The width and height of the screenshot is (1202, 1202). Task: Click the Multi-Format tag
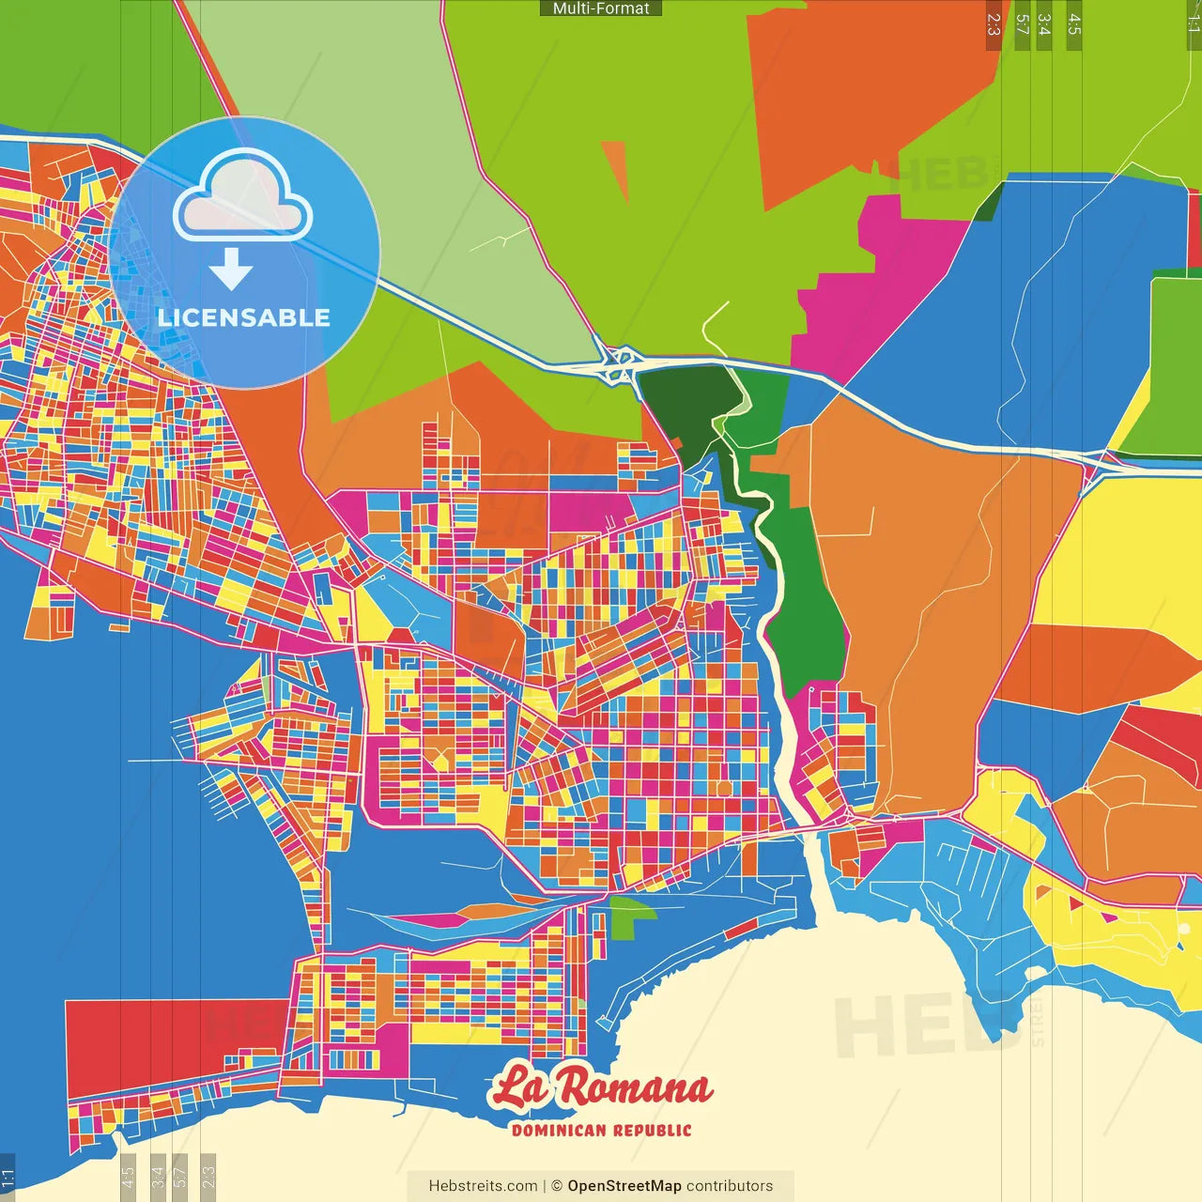pos(601,8)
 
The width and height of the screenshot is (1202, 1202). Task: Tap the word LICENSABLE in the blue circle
pos(244,317)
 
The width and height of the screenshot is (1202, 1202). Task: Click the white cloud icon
pos(242,195)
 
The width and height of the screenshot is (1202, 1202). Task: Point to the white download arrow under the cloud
pos(231,270)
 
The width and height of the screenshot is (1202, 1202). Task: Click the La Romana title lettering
pos(601,1087)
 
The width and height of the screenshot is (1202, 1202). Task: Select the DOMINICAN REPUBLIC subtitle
pos(601,1130)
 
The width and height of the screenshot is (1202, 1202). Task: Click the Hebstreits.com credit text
pos(483,1186)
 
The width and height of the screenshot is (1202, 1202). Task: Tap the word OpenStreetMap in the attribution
pos(624,1186)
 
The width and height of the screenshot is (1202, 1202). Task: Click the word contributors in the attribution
pos(730,1186)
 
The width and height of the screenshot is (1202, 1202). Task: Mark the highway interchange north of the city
pos(618,363)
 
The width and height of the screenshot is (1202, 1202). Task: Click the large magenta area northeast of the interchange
pos(873,282)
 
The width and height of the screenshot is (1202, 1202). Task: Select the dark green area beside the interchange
pos(681,404)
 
